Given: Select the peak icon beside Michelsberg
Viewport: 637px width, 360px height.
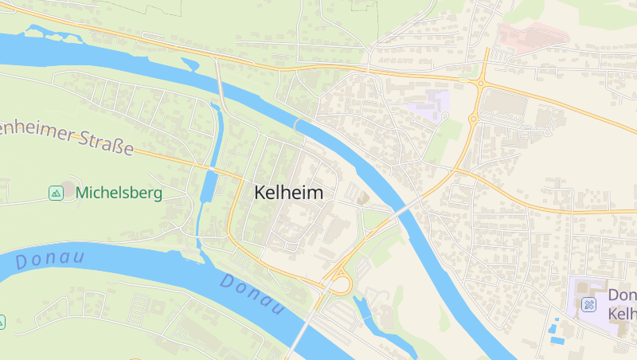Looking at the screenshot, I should (x=56, y=193).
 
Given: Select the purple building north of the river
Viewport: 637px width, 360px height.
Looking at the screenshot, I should (x=430, y=103).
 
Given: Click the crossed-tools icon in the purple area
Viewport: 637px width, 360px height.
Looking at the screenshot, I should (x=588, y=303).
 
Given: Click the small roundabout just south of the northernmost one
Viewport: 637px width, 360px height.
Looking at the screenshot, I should (x=473, y=119).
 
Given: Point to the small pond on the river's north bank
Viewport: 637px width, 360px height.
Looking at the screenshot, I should (x=190, y=64).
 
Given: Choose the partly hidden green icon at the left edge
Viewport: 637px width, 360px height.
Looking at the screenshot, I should (x=2, y=322).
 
